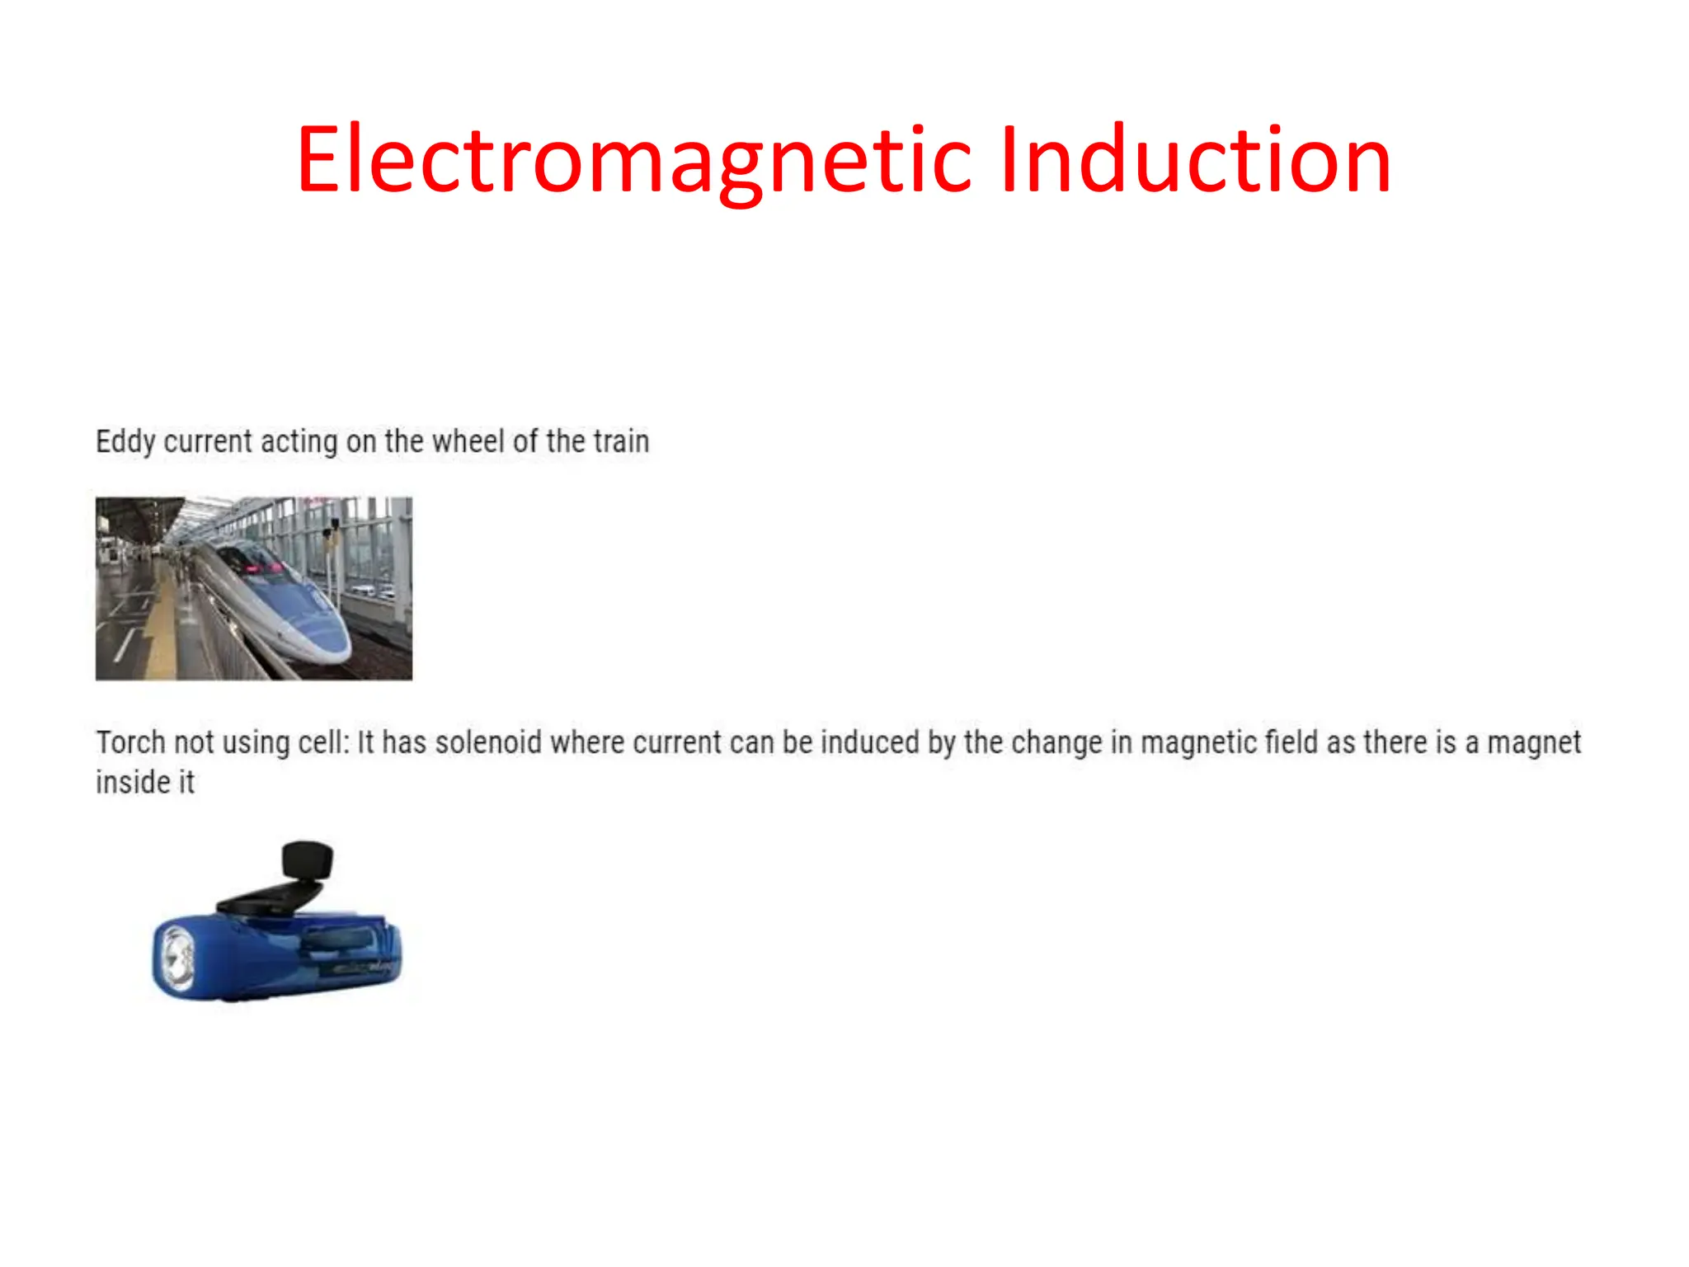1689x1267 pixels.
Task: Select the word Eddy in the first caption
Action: [x=125, y=442]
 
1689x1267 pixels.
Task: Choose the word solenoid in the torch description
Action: [x=488, y=742]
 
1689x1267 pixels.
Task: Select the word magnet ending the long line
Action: [x=1534, y=742]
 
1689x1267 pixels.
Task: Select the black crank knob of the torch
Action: [x=308, y=860]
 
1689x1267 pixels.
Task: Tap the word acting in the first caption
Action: [x=299, y=442]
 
